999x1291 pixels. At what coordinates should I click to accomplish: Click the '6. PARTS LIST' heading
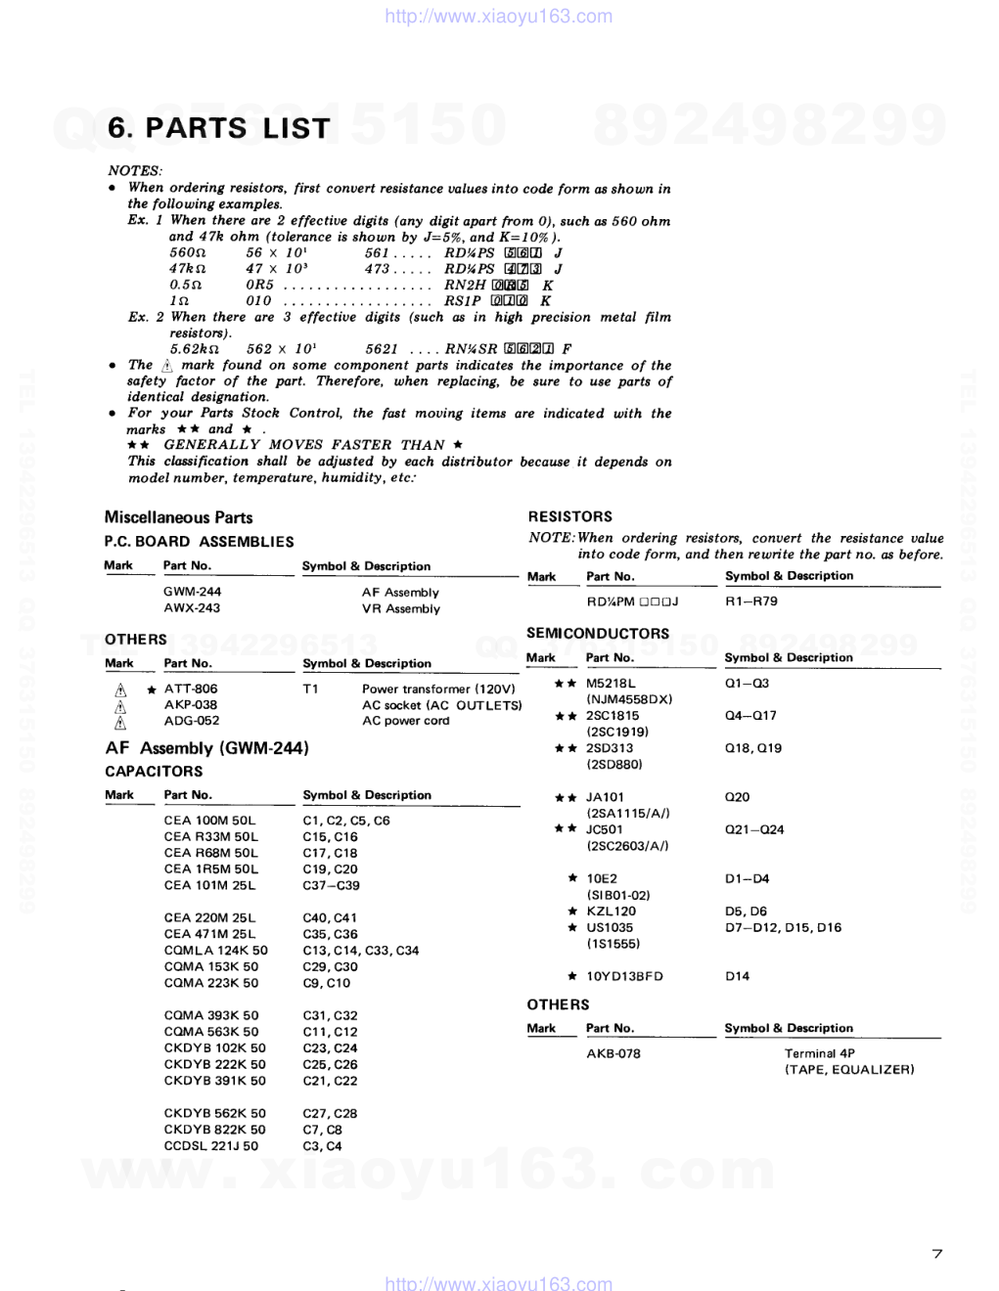[x=219, y=128]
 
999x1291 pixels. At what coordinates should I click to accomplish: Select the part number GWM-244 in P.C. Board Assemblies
[x=192, y=592]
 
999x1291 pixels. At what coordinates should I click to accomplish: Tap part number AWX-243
[x=192, y=608]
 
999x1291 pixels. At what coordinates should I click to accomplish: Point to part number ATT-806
[x=191, y=689]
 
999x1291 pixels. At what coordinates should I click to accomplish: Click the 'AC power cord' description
[x=405, y=721]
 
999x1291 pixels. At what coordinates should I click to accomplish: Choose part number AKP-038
[x=191, y=705]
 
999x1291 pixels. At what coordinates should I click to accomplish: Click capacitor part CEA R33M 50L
[x=211, y=837]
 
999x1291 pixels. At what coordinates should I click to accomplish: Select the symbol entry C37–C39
[x=331, y=885]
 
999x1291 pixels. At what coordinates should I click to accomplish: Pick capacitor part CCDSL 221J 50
[x=211, y=1146]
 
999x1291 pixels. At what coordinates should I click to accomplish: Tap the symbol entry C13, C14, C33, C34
[x=360, y=951]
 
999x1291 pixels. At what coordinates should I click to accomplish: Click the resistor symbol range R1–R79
[x=751, y=601]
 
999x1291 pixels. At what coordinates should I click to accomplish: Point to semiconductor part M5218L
[x=611, y=684]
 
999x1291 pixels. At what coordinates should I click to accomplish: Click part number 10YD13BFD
[x=624, y=976]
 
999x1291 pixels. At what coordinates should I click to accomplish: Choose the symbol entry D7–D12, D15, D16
[x=783, y=927]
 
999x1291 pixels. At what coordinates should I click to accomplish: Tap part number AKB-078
[x=613, y=1054]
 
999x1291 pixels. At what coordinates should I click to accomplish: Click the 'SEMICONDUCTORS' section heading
[x=598, y=634]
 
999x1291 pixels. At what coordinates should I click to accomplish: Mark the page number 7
[x=936, y=1254]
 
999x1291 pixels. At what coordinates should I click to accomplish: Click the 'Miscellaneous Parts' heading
[x=178, y=517]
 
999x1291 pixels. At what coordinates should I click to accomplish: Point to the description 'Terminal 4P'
[x=819, y=1054]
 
